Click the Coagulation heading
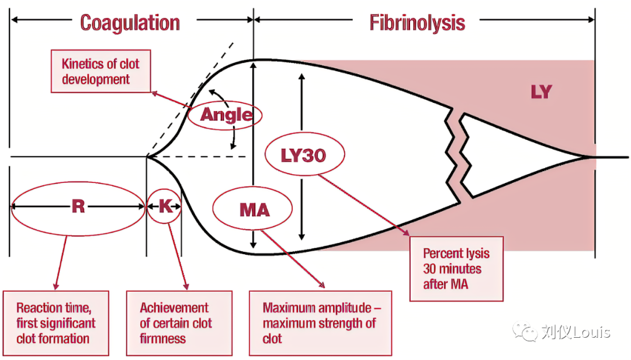(130, 23)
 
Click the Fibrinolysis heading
(417, 23)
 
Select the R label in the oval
(78, 206)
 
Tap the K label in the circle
(165, 206)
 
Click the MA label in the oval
(254, 209)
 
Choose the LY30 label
(303, 155)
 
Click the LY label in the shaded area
(541, 92)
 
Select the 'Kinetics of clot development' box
(101, 71)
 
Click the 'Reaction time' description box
(56, 323)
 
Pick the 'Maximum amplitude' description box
(320, 323)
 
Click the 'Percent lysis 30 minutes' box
(456, 269)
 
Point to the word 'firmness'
(163, 338)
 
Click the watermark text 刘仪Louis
(575, 333)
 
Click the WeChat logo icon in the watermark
(525, 332)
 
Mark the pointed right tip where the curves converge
(586, 157)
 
